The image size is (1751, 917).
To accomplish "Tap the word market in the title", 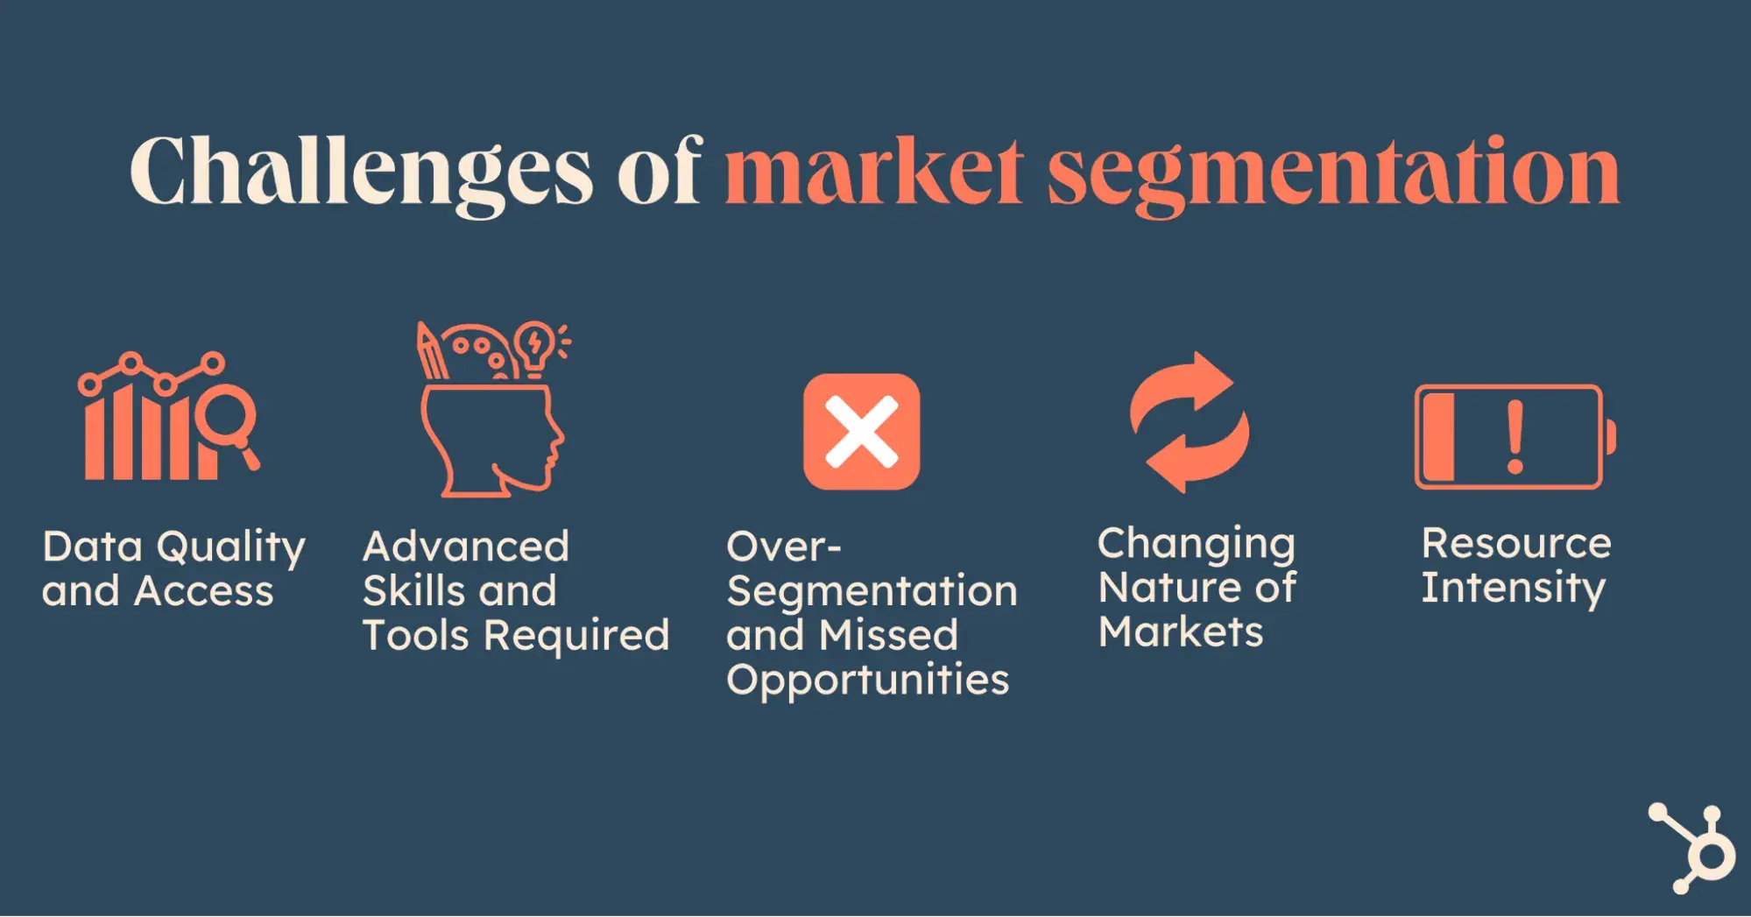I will [x=873, y=172].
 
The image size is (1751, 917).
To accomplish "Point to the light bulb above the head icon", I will [x=534, y=346].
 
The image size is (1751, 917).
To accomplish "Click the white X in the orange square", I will [x=862, y=431].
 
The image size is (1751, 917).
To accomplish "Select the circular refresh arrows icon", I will [x=1190, y=422].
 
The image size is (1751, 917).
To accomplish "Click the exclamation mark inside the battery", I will [x=1515, y=436].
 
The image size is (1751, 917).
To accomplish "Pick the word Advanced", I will [x=466, y=547].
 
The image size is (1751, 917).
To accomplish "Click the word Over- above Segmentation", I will [x=783, y=547].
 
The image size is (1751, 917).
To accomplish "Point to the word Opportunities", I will [x=867, y=681].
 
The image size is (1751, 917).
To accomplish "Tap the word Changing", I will [x=1196, y=545].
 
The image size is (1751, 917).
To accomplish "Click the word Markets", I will [x=1181, y=632].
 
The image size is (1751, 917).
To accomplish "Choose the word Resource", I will [x=1515, y=544].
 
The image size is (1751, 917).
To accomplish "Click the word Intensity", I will [x=1513, y=588].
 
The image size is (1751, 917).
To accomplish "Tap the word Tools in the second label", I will [x=416, y=635].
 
